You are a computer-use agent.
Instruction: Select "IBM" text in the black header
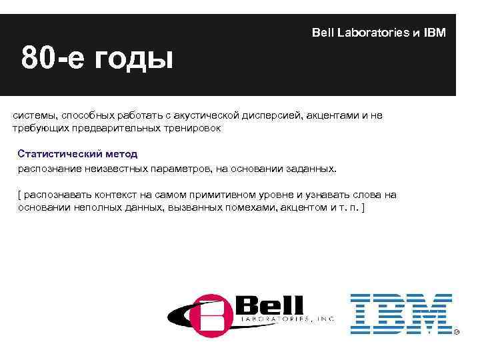click(x=435, y=33)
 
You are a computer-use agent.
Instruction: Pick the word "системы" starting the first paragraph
click(x=32, y=115)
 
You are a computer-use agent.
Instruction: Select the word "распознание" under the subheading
click(x=49, y=168)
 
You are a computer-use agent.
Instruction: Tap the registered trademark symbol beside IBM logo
click(x=457, y=331)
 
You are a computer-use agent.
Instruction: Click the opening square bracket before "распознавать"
click(x=19, y=195)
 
